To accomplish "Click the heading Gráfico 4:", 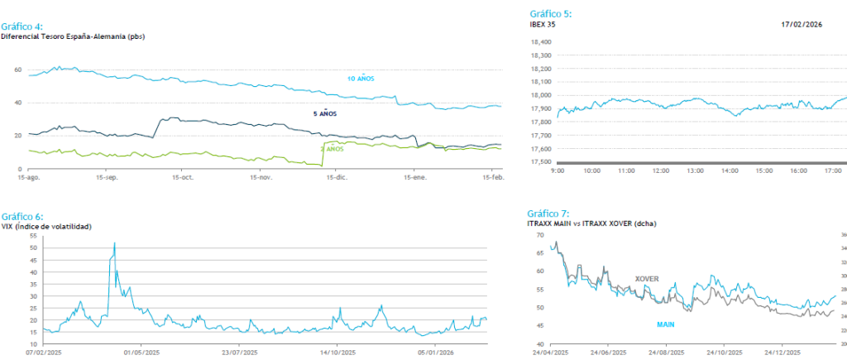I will pos(22,26).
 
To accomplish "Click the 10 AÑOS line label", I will pos(361,78).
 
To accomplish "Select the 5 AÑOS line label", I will pos(325,113).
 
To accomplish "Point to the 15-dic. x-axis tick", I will pos(337,177).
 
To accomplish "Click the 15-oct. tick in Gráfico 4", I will pos(183,177).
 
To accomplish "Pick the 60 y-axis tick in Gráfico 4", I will pos(17,70).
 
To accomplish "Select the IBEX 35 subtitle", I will pos(543,25).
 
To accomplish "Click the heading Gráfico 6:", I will pos(22,216).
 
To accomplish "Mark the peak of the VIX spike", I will pos(114,242).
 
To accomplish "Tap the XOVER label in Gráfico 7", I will pos(647,279).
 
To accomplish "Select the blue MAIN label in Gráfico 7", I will pos(666,324).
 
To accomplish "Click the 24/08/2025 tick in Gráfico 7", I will pos(668,351).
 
